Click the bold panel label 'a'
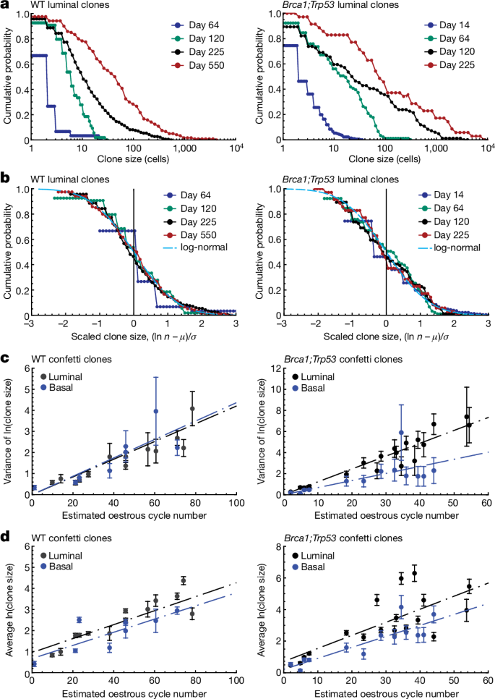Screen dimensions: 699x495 [x=5, y=7]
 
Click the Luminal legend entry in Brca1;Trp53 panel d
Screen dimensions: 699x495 [x=316, y=554]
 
